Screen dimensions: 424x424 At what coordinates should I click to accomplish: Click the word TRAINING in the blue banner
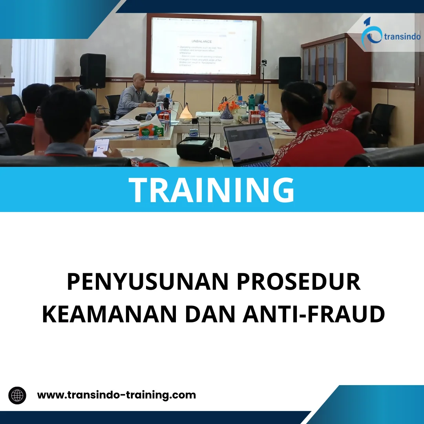tap(212, 190)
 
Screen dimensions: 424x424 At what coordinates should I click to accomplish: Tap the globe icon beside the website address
tap(17, 395)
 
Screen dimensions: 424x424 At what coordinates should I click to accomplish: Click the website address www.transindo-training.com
tap(116, 395)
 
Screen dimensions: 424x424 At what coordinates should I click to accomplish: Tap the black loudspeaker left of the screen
tap(93, 71)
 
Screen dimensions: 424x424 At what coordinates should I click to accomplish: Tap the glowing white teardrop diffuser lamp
tap(186, 112)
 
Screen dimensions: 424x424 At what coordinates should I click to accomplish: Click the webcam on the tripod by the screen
tap(264, 63)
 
